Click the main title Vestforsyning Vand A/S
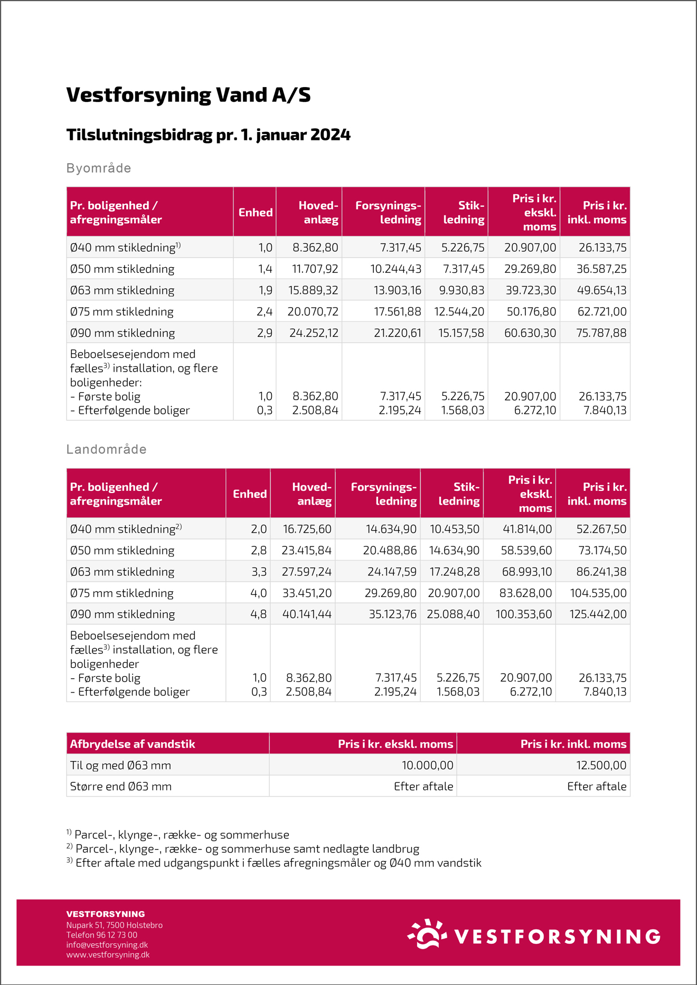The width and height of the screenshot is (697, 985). pos(189,95)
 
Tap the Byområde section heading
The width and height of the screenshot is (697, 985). pos(99,168)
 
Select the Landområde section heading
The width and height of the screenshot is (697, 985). pos(107,450)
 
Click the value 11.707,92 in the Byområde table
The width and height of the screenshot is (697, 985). pos(315,269)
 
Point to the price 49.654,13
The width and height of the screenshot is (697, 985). pos(601,290)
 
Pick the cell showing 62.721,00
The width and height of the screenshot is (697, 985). pos(602,312)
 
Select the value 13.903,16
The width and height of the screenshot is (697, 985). pos(398,290)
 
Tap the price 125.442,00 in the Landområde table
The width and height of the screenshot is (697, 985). pos(598,614)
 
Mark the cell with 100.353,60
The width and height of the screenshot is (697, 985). pos(523,614)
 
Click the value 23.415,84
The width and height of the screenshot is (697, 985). pos(307,551)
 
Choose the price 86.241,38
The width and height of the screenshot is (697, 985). pos(601,572)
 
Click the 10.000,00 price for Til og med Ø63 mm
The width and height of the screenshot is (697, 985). pos(427,765)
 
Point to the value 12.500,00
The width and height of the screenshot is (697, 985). pos(601,765)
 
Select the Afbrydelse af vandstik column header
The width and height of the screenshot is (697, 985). pos(133,744)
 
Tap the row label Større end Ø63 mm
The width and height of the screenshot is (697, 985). pos(121,787)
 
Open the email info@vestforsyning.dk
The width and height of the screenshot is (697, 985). pos(107,945)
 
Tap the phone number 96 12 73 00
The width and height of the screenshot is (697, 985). pos(117,935)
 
